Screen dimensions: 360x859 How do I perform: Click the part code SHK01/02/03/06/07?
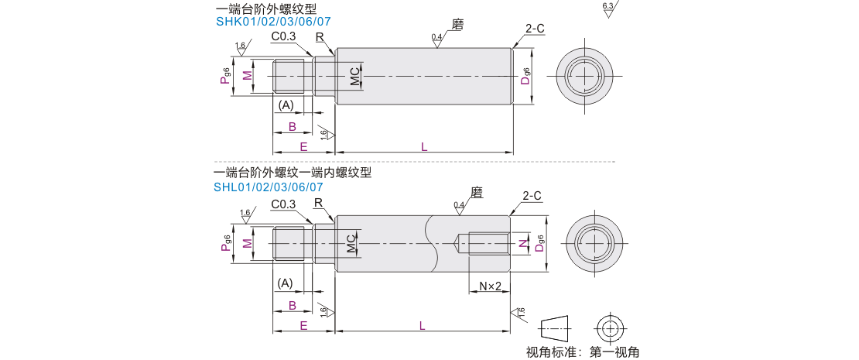coord(273,22)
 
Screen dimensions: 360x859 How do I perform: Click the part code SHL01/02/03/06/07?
coord(269,187)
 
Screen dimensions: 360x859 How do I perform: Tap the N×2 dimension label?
coord(490,286)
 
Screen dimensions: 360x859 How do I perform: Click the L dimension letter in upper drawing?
coord(423,146)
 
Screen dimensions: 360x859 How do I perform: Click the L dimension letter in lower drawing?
coord(423,326)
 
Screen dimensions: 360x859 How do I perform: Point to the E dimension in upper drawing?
coord(303,146)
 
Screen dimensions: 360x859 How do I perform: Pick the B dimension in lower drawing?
coord(293,306)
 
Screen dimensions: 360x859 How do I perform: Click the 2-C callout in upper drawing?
coord(535,29)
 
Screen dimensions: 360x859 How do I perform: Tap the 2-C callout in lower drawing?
coord(532,196)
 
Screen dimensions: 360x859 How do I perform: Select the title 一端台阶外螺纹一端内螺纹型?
coord(293,173)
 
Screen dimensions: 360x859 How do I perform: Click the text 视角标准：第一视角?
coord(583,351)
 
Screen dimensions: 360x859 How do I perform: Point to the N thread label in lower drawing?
coord(522,245)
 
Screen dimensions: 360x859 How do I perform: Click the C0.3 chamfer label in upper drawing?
coord(284,36)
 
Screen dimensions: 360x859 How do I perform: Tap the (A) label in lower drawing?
coord(286,283)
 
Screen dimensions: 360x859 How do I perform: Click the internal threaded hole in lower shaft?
coord(485,244)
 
